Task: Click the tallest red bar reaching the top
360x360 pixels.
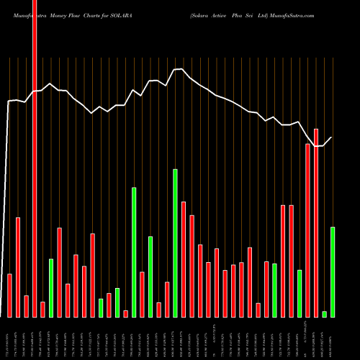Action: coord(35,158)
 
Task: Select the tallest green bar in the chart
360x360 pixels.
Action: coord(175,243)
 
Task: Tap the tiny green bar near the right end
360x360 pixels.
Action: coord(325,314)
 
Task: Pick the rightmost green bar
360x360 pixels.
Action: coord(333,272)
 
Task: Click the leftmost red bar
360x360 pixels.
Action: coord(10,295)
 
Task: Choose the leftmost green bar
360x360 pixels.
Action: coord(51,288)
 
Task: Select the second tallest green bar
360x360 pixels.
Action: coord(134,252)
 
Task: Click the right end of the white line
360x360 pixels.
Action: coord(332,137)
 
